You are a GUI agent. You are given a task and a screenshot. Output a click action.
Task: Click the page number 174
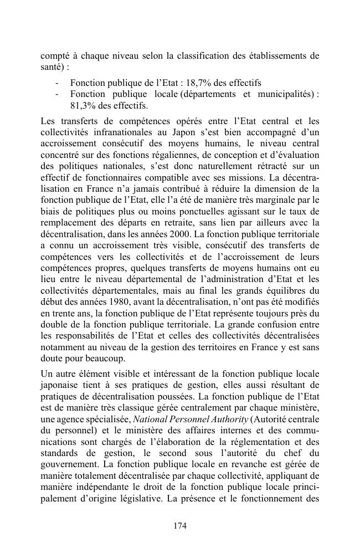coord(180,526)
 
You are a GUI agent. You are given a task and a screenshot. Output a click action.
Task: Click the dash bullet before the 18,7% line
coord(58,83)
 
